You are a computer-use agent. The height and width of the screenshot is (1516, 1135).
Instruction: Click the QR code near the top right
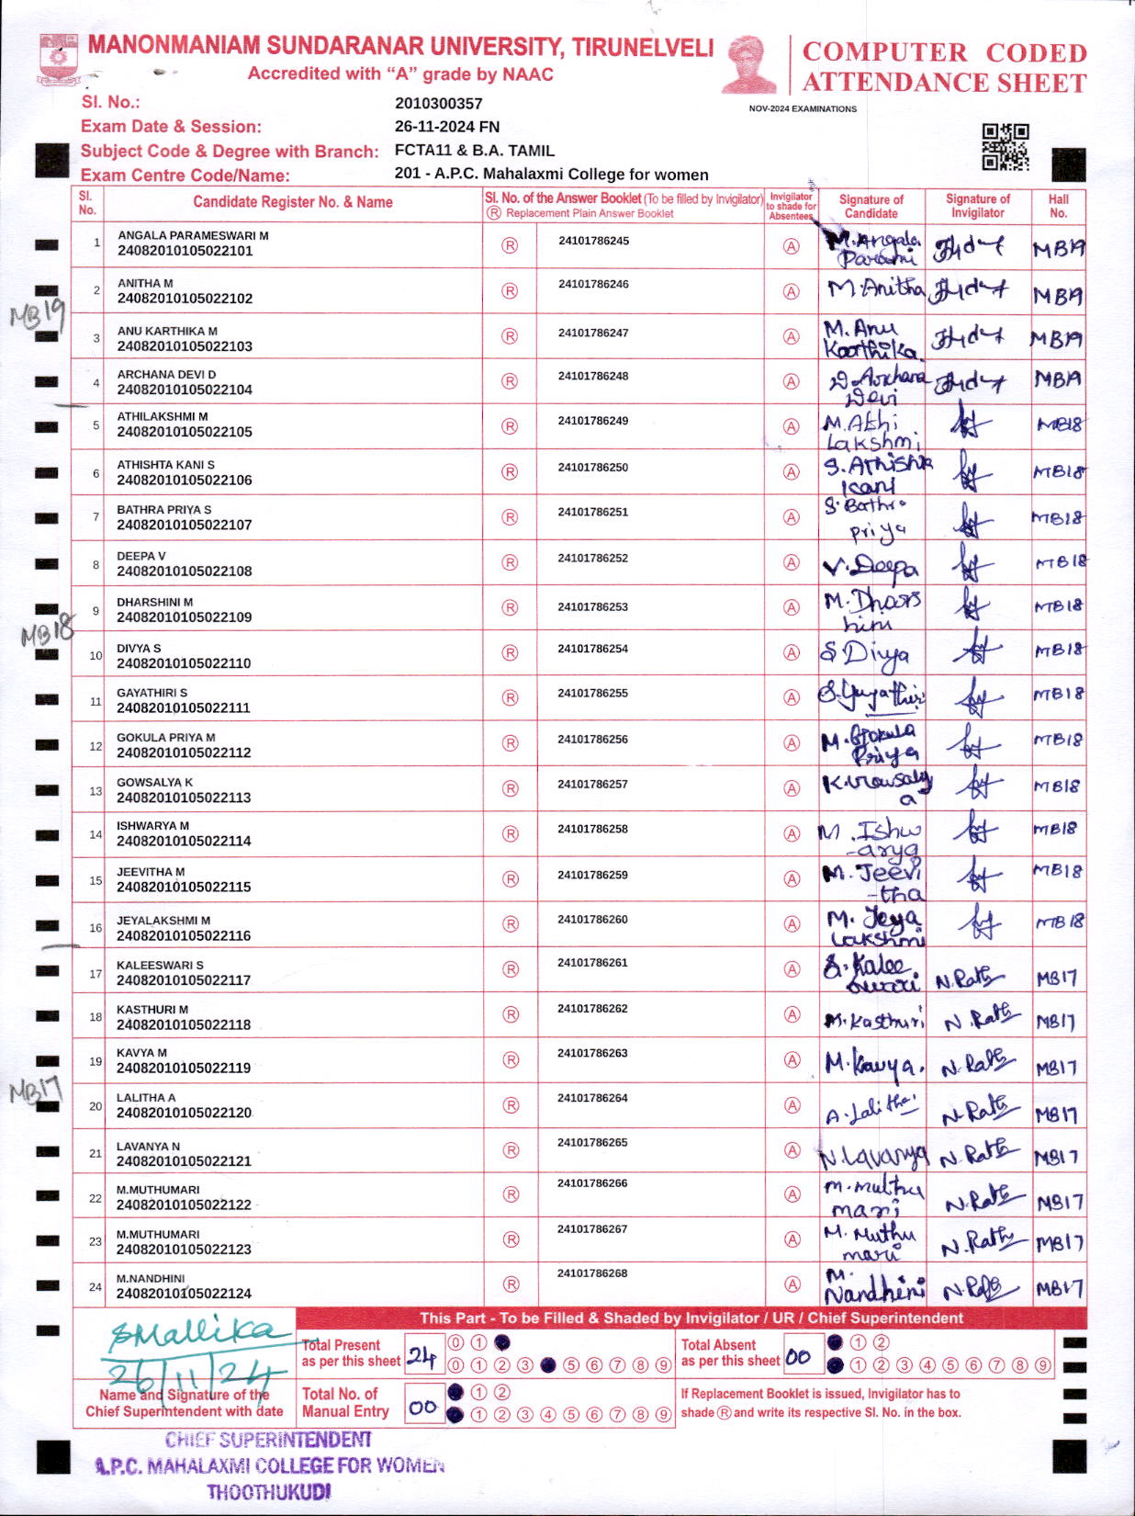(1006, 147)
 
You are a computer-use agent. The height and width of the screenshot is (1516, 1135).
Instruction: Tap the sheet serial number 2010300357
(438, 104)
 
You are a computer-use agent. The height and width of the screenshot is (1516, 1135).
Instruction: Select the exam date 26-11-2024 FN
(446, 127)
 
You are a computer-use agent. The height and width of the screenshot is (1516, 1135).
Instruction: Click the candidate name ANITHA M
(145, 283)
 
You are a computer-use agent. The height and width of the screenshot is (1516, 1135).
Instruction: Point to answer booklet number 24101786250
(593, 468)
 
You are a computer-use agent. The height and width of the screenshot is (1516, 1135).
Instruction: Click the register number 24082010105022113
(184, 798)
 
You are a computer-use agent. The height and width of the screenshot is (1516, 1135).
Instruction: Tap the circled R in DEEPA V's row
(510, 562)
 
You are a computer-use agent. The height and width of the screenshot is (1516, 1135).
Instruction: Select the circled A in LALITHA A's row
(791, 1105)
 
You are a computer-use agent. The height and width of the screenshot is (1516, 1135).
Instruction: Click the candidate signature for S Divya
(865, 653)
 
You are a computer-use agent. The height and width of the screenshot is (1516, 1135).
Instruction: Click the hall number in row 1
(1058, 249)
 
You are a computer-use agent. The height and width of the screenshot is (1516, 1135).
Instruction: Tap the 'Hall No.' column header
(1058, 206)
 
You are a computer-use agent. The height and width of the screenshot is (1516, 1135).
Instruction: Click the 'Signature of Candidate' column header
(871, 206)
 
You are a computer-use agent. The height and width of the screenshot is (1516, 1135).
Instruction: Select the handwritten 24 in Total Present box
(421, 1356)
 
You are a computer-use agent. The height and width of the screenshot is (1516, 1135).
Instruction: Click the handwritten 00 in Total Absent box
(798, 1356)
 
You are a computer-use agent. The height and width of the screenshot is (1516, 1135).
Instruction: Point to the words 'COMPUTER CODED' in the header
(944, 52)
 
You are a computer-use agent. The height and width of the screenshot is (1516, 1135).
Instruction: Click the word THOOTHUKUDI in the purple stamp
(268, 1492)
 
